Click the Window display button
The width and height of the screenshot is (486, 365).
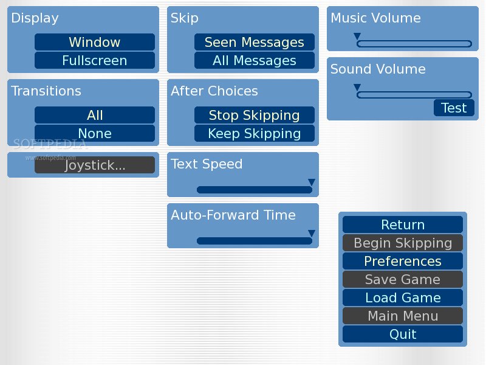tap(95, 42)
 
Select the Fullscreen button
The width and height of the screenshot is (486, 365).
tap(95, 60)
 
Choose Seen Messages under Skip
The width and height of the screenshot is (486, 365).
tap(255, 42)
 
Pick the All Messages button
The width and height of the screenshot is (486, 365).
tap(255, 60)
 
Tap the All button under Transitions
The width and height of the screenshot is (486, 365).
tap(95, 115)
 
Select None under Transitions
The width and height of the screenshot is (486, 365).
tap(95, 133)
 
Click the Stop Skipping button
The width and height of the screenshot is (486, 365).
tap(255, 115)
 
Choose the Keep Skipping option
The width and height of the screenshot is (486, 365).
tap(255, 133)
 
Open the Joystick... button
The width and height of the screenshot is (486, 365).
tap(95, 165)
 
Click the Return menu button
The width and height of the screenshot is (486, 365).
tap(403, 224)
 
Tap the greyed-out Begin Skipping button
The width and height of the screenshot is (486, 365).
tap(403, 243)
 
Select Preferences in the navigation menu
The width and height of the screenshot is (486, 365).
tap(403, 261)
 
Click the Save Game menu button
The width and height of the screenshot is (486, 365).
tap(403, 279)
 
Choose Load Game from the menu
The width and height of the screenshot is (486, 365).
tap(403, 297)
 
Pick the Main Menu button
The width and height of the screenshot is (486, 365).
tap(403, 316)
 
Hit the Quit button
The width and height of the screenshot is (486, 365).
tap(403, 334)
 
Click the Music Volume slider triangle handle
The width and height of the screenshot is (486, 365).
tap(357, 36)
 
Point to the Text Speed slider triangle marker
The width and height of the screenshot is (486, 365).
tap(312, 182)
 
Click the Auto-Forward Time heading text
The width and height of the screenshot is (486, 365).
tap(233, 215)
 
